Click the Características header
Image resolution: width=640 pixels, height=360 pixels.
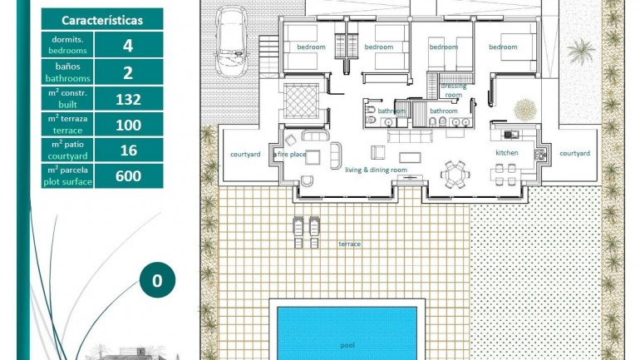click(101, 20)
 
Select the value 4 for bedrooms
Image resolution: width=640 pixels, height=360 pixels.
click(128, 46)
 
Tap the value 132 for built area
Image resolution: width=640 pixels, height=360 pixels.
click(128, 99)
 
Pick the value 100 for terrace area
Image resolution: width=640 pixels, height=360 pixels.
click(128, 125)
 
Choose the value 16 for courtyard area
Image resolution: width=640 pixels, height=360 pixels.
click(128, 150)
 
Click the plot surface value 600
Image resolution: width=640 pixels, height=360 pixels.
click(128, 176)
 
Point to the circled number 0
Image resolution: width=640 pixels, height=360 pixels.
click(157, 280)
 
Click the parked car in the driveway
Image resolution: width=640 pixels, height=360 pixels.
click(230, 40)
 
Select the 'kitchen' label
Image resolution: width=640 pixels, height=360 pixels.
click(507, 154)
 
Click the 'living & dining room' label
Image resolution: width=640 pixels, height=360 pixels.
click(376, 170)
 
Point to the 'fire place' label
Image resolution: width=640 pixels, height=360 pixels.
click(293, 155)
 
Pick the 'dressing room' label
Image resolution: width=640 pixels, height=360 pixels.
click(453, 90)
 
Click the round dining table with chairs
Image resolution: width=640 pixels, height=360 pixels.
click(454, 174)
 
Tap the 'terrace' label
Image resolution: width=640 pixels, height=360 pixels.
click(349, 244)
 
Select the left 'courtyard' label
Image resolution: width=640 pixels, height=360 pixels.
click(245, 154)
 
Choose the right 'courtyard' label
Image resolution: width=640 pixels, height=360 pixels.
click(574, 154)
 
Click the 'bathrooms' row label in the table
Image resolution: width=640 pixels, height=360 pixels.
click(67, 72)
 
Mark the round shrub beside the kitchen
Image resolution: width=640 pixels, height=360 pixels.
click(524, 110)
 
